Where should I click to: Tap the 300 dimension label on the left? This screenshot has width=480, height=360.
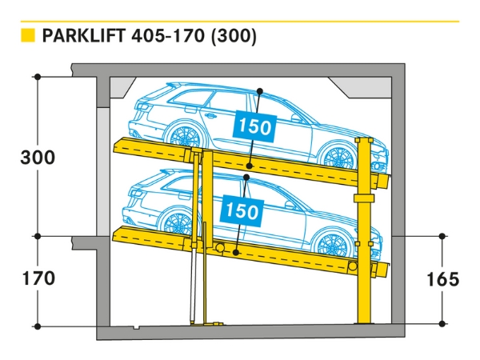coord(38,157)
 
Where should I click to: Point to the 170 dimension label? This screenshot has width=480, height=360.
coord(38,278)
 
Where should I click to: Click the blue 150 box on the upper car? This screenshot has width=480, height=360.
coord(254,126)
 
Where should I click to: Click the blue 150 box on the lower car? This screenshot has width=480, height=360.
coord(242,211)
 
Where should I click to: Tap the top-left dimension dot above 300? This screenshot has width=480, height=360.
coord(38,77)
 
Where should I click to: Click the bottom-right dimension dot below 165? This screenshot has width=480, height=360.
coord(442,323)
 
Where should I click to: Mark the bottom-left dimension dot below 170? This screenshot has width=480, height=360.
coord(38,326)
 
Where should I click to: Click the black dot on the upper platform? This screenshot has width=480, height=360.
coord(250,166)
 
